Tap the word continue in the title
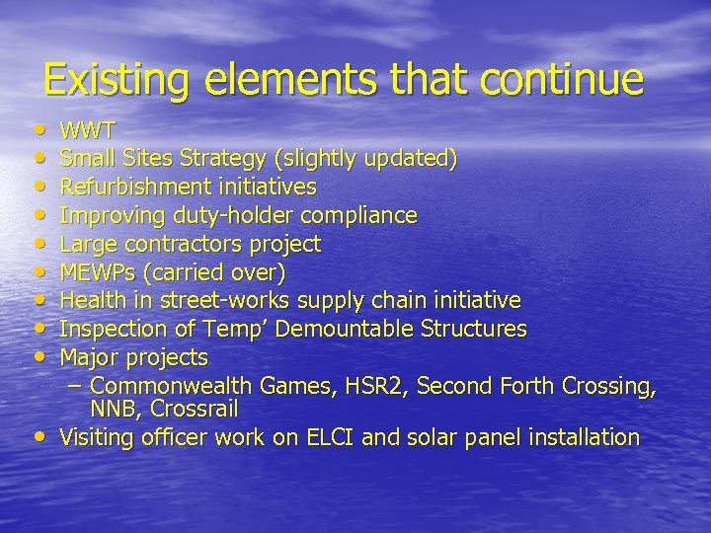568,80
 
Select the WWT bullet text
88,130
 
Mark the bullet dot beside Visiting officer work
38,436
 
